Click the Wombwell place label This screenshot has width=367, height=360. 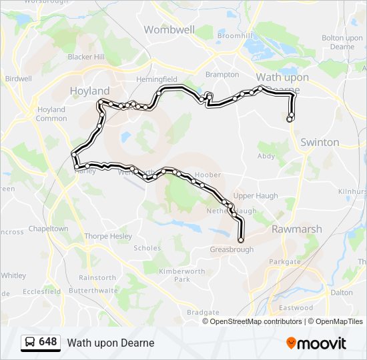coord(169,29)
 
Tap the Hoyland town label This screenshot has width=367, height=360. coord(89,91)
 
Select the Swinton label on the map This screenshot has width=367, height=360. coord(320,142)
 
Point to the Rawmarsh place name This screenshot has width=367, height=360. coord(296,229)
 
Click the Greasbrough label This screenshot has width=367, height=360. coord(232,250)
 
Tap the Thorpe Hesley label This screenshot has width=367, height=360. coord(105,236)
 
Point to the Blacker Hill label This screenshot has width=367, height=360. coord(86,57)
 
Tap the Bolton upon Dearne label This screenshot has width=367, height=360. coord(342,42)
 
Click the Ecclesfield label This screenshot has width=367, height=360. coord(41,291)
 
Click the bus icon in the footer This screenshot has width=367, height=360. coord(29,343)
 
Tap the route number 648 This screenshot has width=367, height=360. coord(48,342)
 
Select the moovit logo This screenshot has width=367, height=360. coord(316,343)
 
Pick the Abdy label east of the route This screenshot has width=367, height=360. coord(266,156)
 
